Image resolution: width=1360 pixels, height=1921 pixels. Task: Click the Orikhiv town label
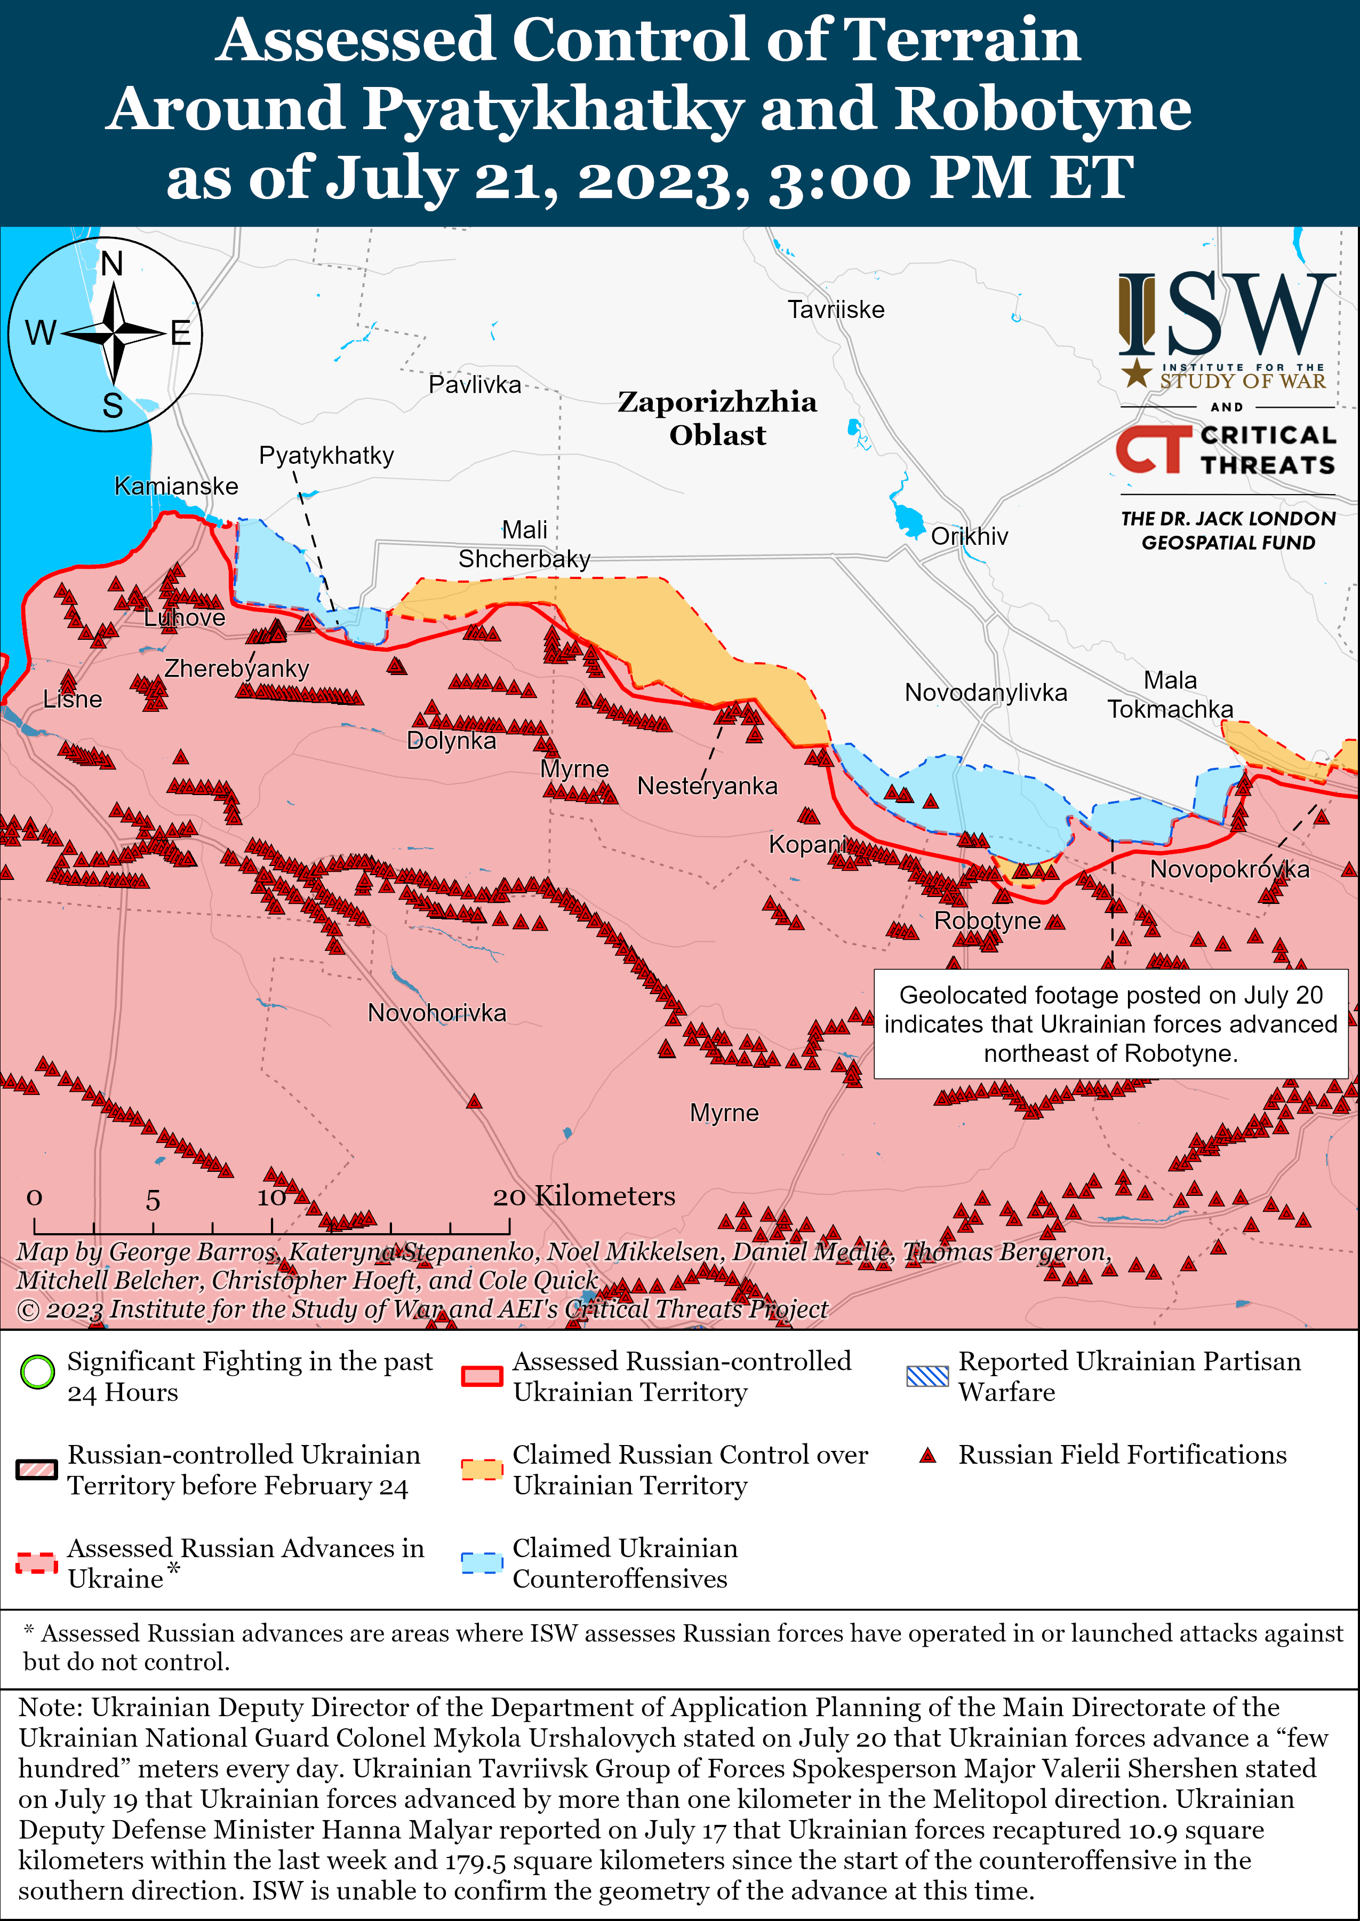969,536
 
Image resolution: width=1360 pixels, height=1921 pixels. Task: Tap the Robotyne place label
987,920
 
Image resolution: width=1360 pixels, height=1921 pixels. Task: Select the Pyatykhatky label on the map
326,456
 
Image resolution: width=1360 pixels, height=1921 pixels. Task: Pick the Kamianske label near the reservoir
176,486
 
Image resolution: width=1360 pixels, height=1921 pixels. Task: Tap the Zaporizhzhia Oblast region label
717,418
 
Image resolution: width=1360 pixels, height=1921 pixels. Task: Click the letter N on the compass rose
111,265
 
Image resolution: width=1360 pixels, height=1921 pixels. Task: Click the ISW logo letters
1227,316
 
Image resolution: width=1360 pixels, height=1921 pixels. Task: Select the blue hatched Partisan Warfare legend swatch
927,1376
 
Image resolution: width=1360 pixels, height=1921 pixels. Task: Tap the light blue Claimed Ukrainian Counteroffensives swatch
482,1562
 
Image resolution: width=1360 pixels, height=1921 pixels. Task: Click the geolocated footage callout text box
1110,1024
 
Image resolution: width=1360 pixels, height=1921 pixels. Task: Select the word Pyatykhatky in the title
553,109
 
